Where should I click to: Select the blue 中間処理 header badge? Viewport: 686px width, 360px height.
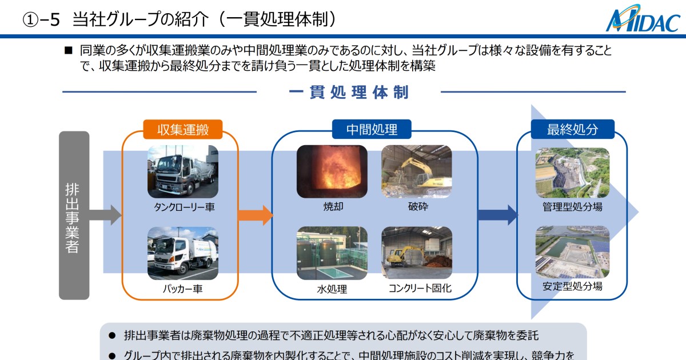(372, 130)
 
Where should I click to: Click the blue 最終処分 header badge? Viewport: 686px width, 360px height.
(572, 130)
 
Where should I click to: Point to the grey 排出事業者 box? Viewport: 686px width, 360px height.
(74, 215)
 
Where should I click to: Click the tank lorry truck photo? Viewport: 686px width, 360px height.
(182, 171)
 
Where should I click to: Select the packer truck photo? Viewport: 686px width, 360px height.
(182, 253)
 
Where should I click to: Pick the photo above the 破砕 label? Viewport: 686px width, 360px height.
(417, 171)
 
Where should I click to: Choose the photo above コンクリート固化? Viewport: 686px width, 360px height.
(417, 253)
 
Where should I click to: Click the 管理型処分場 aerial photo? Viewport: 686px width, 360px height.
(572, 173)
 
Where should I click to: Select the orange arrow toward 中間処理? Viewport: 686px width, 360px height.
(255, 215)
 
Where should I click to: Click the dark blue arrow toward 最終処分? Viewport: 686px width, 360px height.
(497, 215)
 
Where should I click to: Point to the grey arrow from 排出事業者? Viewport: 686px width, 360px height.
(106, 215)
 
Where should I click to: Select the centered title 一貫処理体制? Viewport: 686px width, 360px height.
(349, 93)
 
